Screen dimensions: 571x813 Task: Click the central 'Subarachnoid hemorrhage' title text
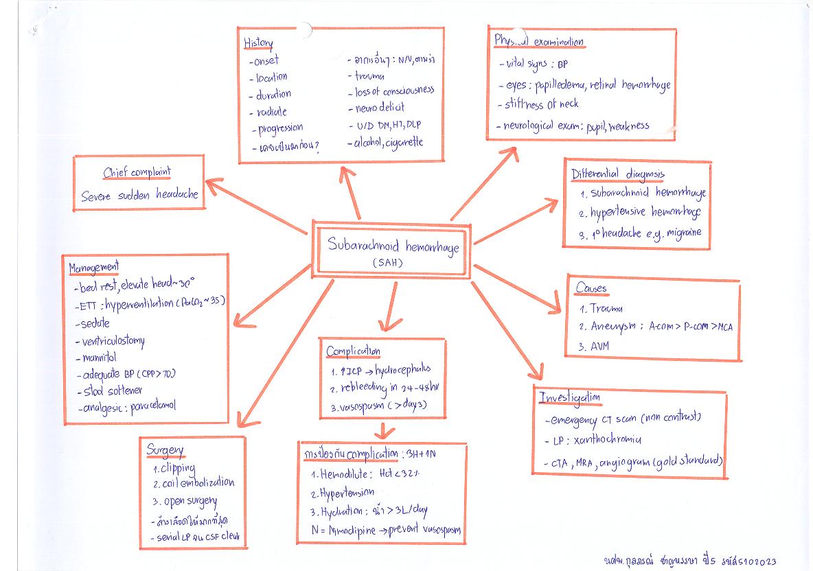[392, 246]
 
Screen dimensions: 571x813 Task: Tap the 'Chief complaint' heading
[137, 172]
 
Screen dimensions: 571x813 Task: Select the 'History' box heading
[258, 43]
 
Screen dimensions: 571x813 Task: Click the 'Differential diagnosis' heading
[618, 174]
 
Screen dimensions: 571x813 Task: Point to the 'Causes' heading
[591, 289]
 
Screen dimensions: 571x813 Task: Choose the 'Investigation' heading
[569, 398]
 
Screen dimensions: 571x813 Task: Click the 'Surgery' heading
[165, 450]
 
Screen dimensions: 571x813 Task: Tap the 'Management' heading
[94, 267]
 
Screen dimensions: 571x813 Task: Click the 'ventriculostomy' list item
[113, 340]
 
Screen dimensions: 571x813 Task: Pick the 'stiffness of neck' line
[541, 104]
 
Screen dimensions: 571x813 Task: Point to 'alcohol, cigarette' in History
[389, 143]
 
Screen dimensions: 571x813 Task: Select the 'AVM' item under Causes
[595, 347]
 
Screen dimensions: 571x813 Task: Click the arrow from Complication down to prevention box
[387, 431]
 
